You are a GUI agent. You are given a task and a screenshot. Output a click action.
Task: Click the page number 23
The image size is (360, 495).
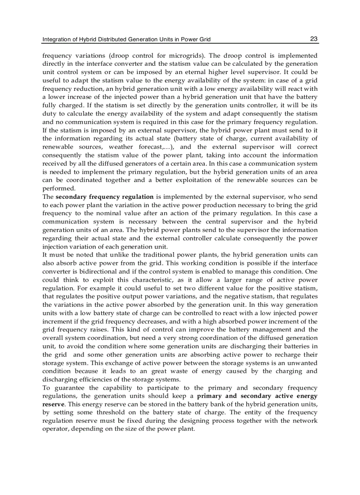(314, 39)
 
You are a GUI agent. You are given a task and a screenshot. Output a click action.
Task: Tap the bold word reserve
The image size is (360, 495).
(52, 404)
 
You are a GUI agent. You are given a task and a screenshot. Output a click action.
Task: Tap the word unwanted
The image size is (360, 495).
(303, 363)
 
